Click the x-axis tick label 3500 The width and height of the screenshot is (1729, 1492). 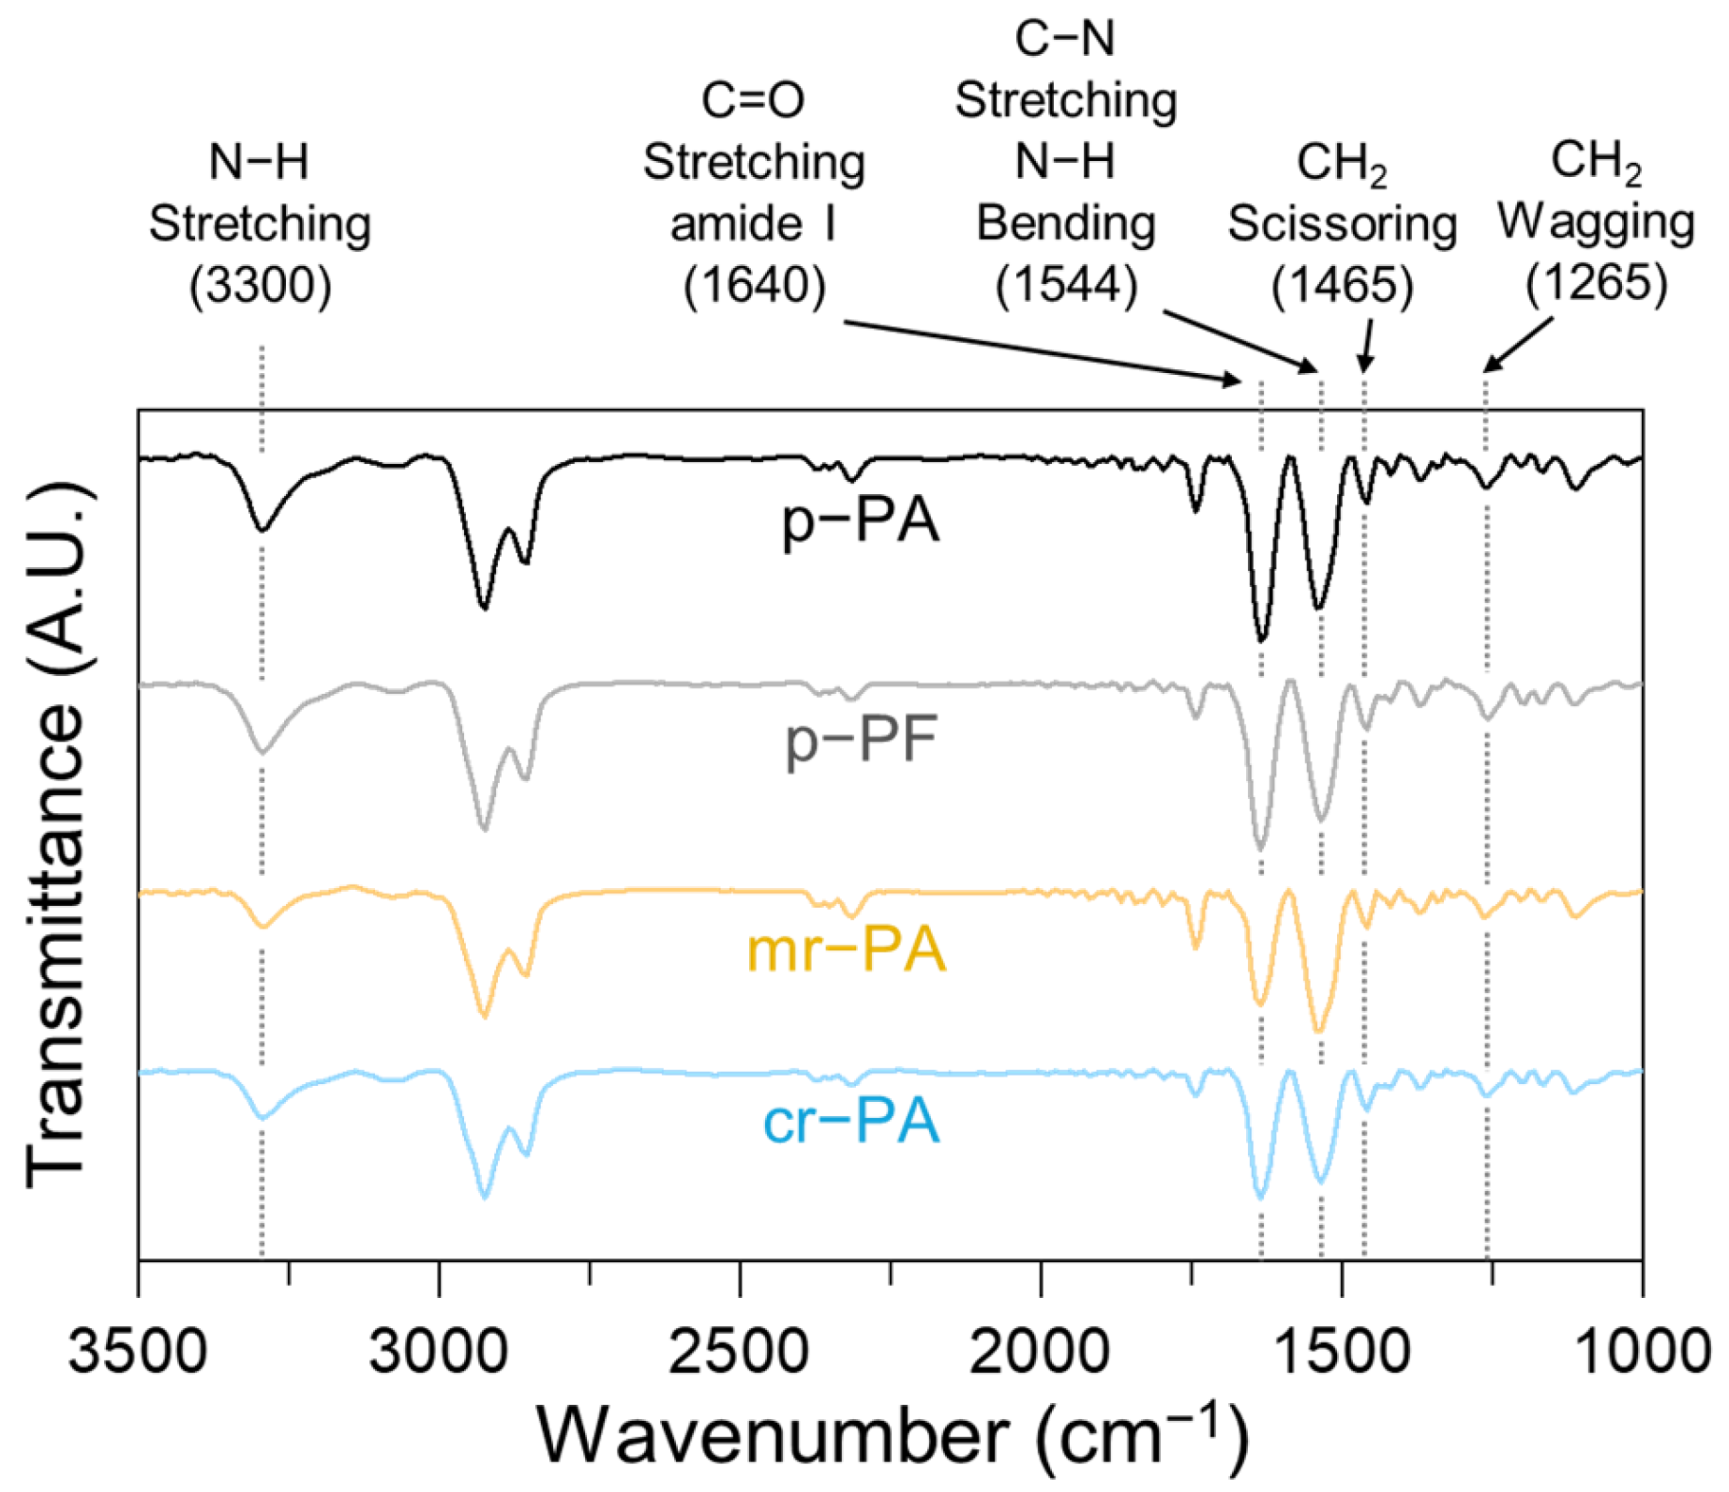(x=137, y=1350)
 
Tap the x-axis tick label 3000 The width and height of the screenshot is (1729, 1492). (x=438, y=1350)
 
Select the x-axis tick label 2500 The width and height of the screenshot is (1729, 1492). (x=739, y=1350)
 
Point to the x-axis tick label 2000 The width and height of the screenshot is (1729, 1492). (x=1040, y=1350)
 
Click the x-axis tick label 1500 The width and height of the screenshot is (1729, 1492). (x=1341, y=1350)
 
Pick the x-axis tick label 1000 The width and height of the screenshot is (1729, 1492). (x=1642, y=1350)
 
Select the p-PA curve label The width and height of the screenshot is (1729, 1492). (x=860, y=522)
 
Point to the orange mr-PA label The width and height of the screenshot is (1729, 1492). (x=846, y=950)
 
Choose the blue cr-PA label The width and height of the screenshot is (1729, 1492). (x=850, y=1122)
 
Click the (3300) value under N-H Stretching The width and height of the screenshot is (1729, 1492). (x=260, y=285)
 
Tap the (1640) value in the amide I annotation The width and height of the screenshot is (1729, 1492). (x=755, y=285)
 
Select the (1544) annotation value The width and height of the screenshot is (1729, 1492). (x=1066, y=285)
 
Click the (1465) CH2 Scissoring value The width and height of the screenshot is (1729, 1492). (x=1342, y=285)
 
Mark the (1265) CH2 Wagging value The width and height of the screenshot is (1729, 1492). (x=1596, y=283)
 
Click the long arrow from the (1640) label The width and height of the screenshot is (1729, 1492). (x=1042, y=351)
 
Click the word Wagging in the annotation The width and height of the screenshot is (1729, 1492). (x=1595, y=222)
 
